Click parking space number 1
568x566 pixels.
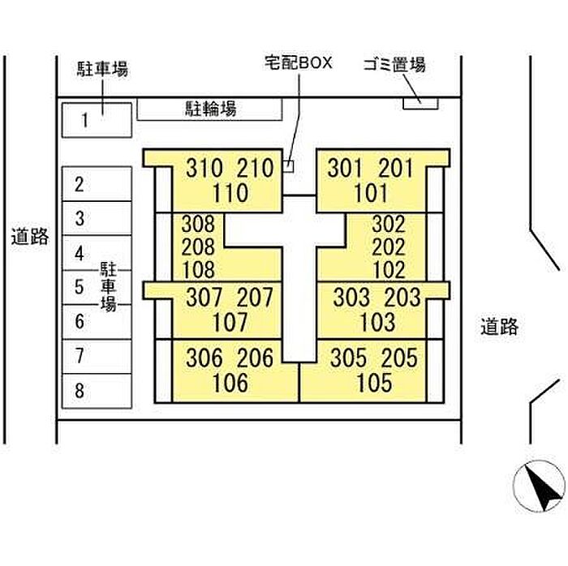point(97,120)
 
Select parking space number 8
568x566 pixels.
point(97,391)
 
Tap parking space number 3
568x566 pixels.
point(97,218)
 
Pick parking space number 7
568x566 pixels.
point(97,357)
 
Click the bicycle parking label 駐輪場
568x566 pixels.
point(211,109)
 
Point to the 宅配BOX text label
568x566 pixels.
point(298,62)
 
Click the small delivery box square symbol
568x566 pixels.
point(288,166)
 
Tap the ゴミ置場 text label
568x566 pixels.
point(394,65)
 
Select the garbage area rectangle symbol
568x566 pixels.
point(420,104)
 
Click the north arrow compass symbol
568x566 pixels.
point(540,486)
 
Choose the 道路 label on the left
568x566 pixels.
point(30,237)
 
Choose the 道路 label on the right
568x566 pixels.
point(500,326)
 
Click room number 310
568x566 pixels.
point(204,168)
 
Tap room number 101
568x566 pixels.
point(371,192)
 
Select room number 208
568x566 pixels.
point(198,247)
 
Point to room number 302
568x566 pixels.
point(389,225)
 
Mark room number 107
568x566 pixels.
point(230,322)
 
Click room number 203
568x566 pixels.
point(402,298)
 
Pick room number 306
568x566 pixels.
point(204,358)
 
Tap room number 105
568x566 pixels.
point(374,383)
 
